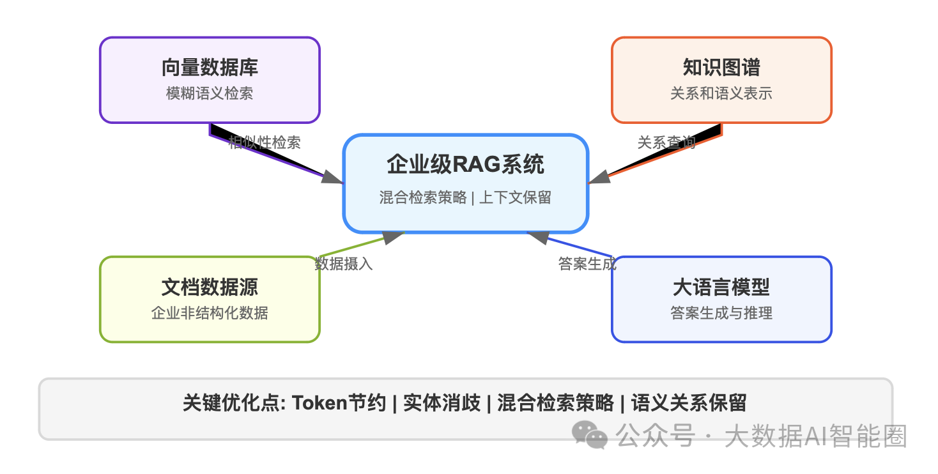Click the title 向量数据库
point(210,68)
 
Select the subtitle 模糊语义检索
point(210,93)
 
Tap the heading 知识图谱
point(721,68)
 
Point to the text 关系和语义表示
point(721,93)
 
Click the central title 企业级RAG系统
point(465,164)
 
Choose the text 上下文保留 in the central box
point(515,197)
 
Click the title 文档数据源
point(210,287)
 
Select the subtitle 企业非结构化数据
point(210,313)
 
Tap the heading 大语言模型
point(721,287)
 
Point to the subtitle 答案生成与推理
point(721,313)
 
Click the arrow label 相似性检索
point(265,142)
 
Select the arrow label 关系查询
point(666,142)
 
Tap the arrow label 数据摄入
point(344,264)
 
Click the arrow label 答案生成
point(587,264)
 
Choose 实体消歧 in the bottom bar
point(442,403)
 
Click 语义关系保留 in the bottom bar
point(689,403)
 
